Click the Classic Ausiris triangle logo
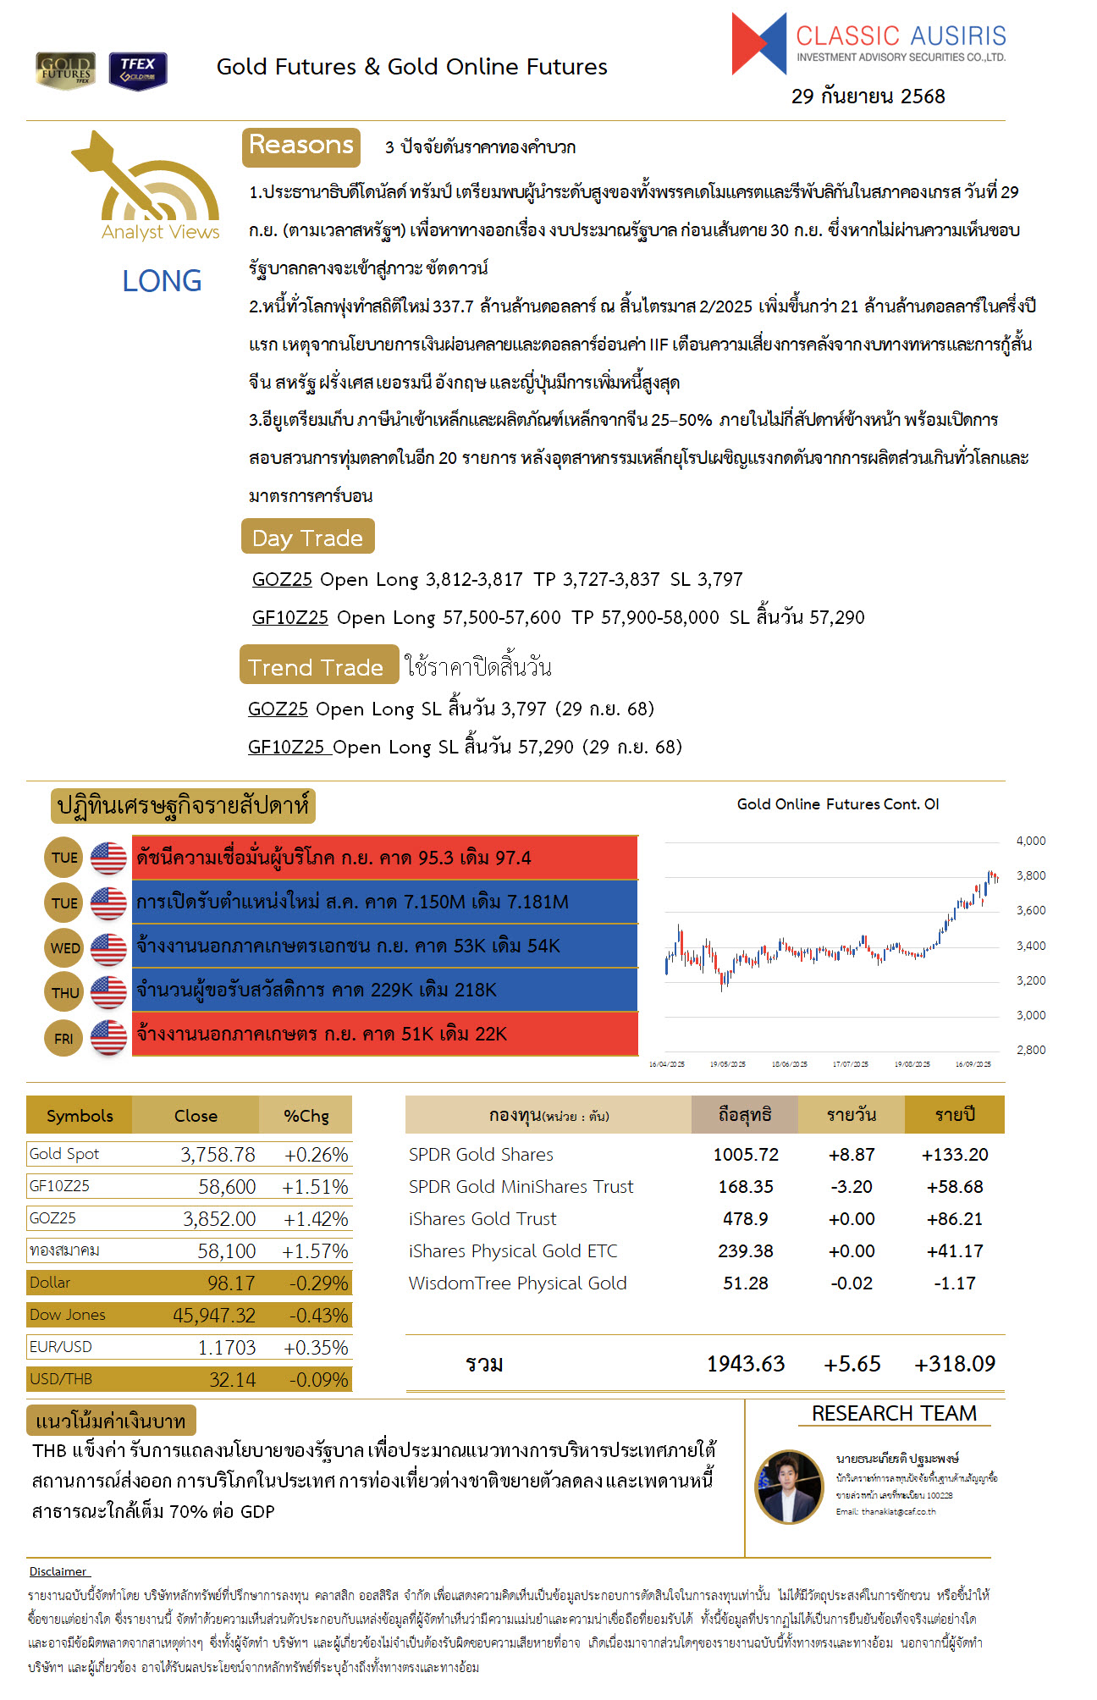(x=759, y=43)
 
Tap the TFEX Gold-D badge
(x=138, y=71)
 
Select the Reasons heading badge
(x=301, y=146)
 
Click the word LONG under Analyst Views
(x=162, y=281)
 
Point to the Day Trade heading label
(x=307, y=538)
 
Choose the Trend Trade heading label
(x=317, y=667)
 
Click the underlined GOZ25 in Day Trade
(x=282, y=580)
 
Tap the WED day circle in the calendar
(x=64, y=947)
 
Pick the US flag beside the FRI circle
(x=108, y=1037)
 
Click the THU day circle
(x=64, y=992)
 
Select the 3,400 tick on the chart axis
(x=1030, y=946)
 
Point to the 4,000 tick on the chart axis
(x=1030, y=841)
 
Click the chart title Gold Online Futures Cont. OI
(x=837, y=804)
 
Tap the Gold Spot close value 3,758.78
(x=218, y=1155)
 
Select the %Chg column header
(x=306, y=1116)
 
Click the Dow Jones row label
(x=68, y=1315)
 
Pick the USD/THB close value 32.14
(x=232, y=1380)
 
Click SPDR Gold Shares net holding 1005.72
(x=745, y=1155)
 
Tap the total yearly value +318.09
(x=954, y=1364)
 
